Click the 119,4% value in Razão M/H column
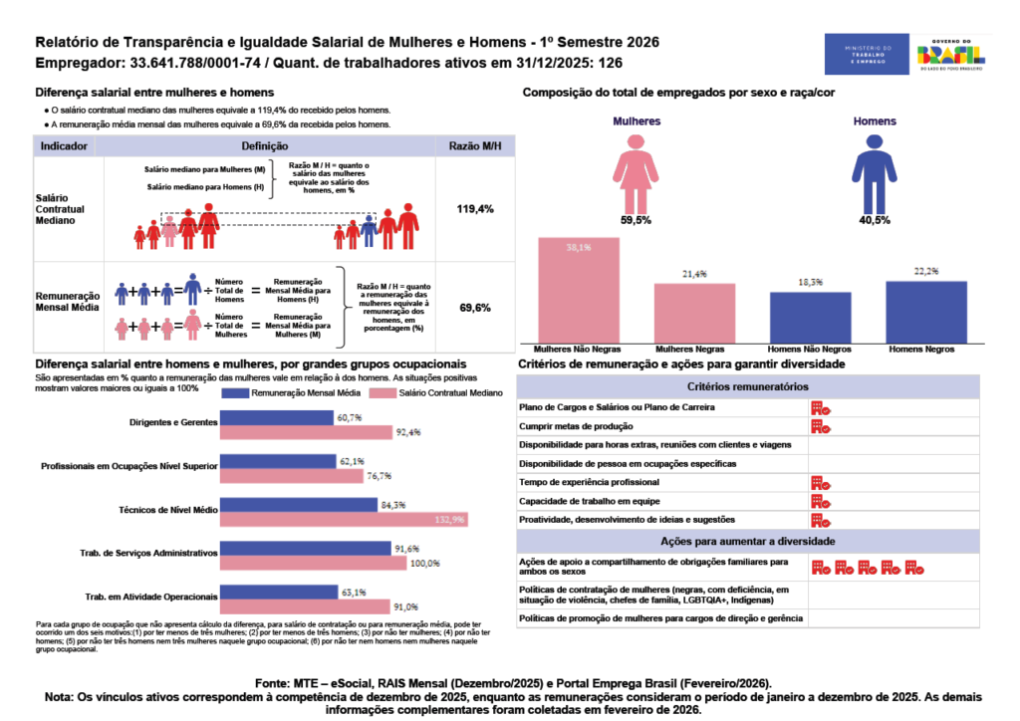click(475, 210)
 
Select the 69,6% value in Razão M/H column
click(475, 308)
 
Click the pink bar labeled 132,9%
click(343, 519)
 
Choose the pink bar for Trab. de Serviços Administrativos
click(314, 563)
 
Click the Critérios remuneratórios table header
click(748, 386)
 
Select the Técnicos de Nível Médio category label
click(166, 509)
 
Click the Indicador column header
click(64, 146)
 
